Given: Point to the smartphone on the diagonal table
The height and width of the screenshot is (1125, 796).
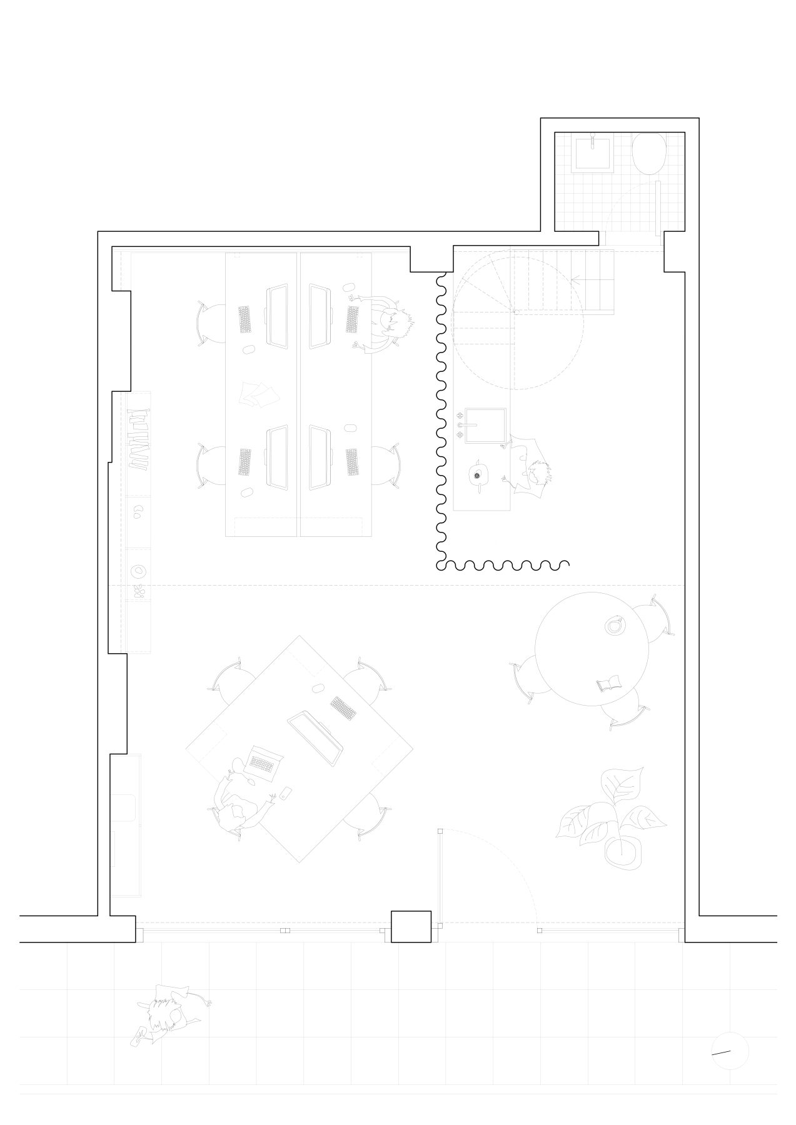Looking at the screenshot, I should [285, 794].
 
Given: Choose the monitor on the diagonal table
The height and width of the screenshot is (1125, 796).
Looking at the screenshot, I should [316, 739].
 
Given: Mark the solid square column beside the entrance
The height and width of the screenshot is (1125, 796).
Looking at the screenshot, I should [411, 926].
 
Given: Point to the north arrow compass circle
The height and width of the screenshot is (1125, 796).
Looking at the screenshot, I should [730, 1051].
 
